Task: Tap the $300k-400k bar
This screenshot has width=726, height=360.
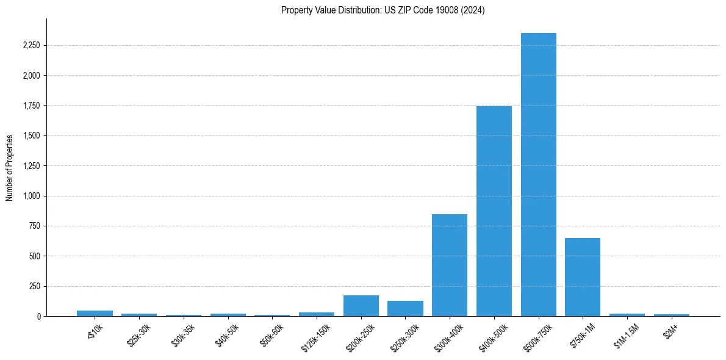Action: [450, 265]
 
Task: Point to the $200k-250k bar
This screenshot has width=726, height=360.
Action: [361, 306]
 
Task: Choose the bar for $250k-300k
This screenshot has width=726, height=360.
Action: [405, 308]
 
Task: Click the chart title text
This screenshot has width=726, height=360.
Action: [383, 10]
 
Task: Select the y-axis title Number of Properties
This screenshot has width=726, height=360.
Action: [10, 167]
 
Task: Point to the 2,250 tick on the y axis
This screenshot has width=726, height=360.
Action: [31, 46]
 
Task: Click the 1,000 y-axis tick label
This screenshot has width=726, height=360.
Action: [31, 196]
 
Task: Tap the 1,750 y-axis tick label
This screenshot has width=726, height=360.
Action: [31, 106]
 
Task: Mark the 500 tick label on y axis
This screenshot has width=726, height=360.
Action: [34, 256]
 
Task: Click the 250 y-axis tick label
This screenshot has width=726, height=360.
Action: [34, 286]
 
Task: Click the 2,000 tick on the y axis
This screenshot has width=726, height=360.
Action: [31, 76]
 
